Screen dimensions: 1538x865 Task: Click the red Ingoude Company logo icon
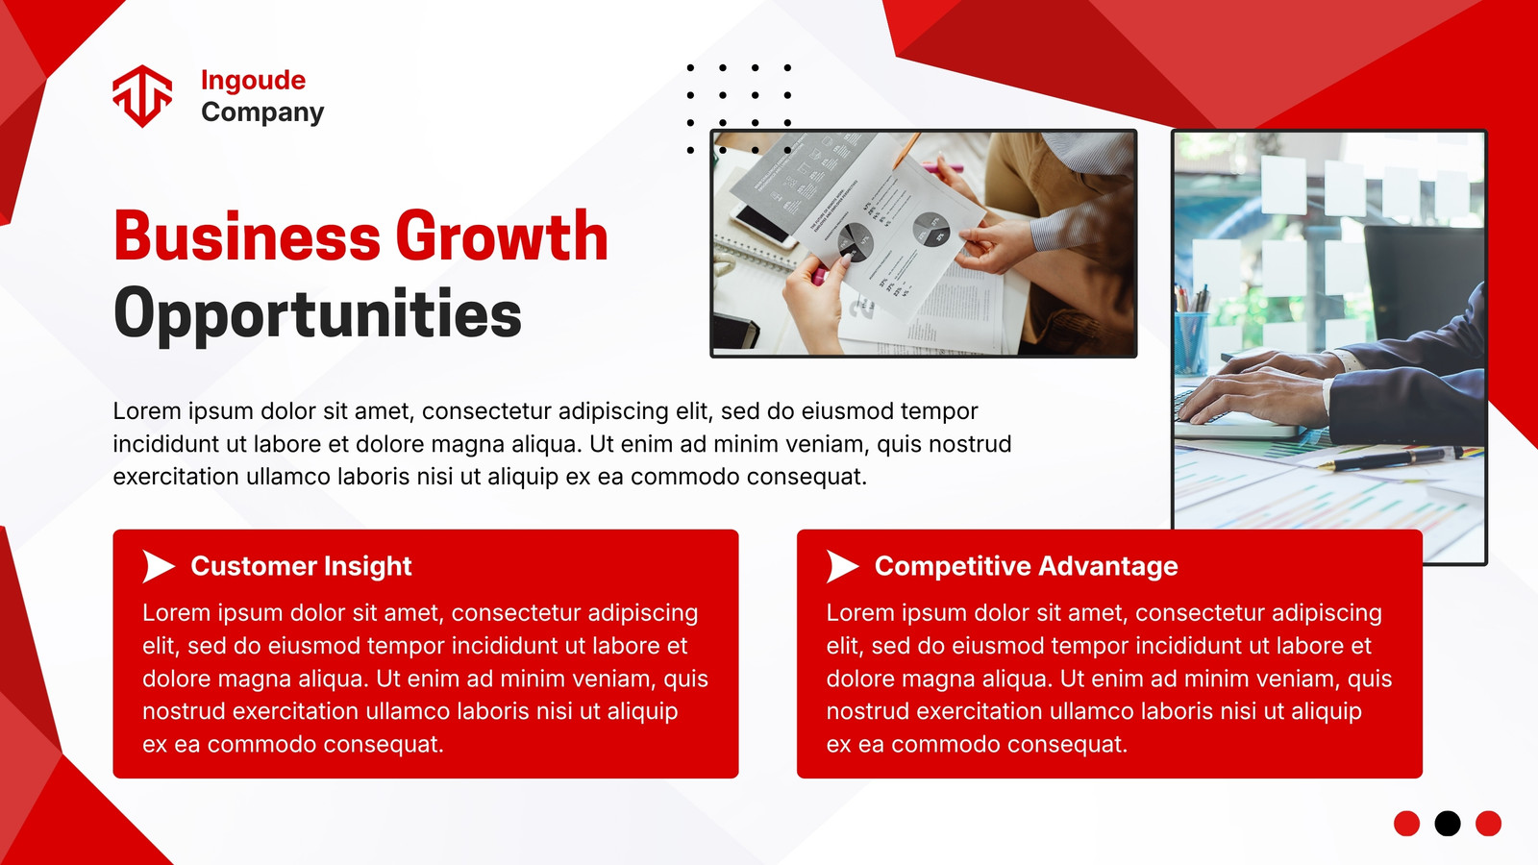click(142, 96)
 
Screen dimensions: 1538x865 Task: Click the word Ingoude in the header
click(254, 81)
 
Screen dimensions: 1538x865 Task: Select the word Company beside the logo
click(262, 111)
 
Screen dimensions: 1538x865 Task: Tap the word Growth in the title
click(502, 236)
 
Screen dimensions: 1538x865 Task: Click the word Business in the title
click(247, 235)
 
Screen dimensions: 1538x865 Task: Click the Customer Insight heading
click(301, 566)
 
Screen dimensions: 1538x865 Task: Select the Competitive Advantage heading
click(1026, 566)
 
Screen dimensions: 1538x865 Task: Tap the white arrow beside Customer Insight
click(158, 566)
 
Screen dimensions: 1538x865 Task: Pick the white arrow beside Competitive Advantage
click(842, 566)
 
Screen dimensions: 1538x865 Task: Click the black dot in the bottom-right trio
click(1448, 823)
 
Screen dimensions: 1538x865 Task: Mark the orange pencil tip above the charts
click(898, 163)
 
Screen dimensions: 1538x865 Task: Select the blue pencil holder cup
click(1191, 342)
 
